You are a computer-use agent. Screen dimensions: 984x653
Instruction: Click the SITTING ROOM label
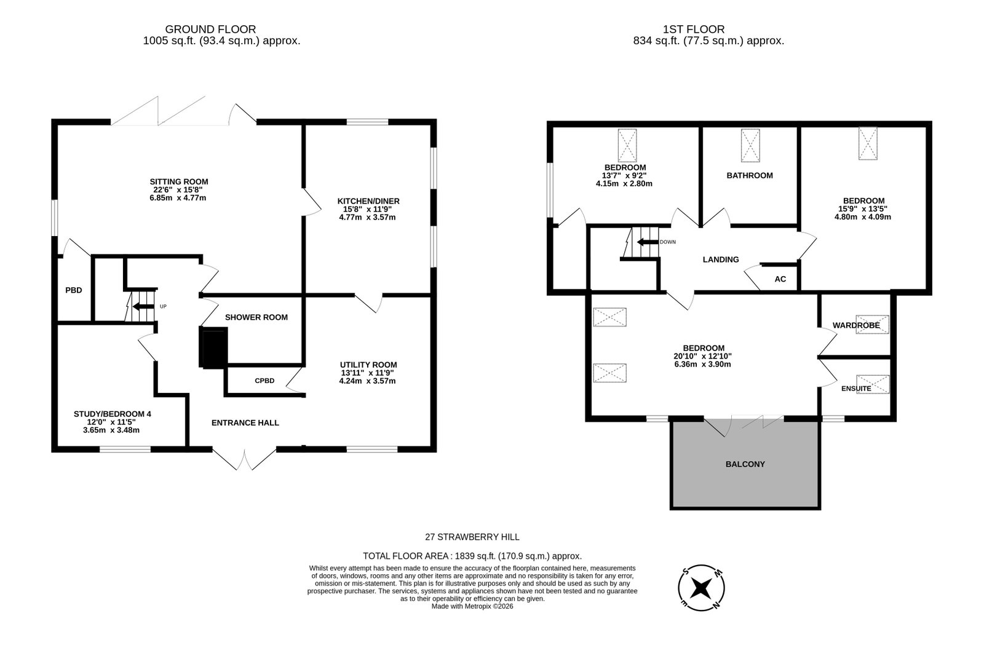click(x=179, y=182)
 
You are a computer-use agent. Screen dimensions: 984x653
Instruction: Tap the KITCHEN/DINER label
click(x=368, y=201)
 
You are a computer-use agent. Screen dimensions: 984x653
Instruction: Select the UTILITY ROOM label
click(x=368, y=365)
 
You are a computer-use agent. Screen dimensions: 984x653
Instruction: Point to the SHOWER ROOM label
click(x=256, y=317)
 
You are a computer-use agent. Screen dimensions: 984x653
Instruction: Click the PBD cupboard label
click(x=74, y=290)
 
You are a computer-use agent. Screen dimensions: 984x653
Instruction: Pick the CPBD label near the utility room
click(x=264, y=381)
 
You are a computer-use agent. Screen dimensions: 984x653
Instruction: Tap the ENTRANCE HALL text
click(x=245, y=423)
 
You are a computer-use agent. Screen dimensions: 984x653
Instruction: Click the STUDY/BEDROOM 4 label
click(x=113, y=414)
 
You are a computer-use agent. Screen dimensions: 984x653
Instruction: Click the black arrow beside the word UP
click(x=143, y=306)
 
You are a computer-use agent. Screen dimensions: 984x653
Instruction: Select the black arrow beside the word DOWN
click(x=648, y=242)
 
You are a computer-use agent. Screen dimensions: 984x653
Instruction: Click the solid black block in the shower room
click(x=214, y=347)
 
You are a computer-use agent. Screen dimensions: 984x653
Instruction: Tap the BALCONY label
click(x=745, y=464)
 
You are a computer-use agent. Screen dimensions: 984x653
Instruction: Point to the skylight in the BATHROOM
click(x=750, y=145)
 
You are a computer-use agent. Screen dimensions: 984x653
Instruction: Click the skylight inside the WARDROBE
click(x=872, y=325)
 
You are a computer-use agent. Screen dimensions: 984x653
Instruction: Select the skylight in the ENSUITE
click(x=873, y=384)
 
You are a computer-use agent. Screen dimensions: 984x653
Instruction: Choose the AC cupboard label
click(x=780, y=279)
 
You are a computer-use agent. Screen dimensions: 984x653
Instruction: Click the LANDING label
click(x=721, y=259)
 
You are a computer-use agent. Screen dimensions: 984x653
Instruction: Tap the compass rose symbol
click(x=701, y=588)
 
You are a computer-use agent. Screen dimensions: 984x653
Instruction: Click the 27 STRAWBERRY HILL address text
click(x=472, y=537)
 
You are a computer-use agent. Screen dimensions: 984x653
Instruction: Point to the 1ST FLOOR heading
click(x=694, y=30)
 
